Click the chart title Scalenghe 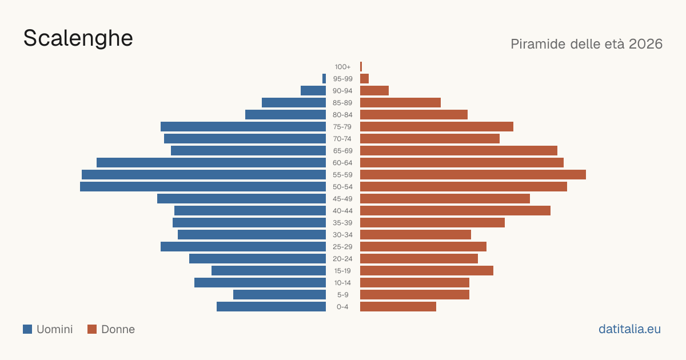[78, 38]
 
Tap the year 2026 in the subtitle [645, 44]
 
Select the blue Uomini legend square [27, 329]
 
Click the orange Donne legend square [92, 329]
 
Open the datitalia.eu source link [629, 329]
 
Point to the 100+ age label [342, 67]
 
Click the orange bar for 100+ [361, 67]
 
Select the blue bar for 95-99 [324, 79]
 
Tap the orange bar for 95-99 [365, 79]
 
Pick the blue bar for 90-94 [313, 91]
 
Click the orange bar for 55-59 [473, 174]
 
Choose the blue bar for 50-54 [203, 186]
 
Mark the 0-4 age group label [342, 307]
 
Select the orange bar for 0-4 [398, 307]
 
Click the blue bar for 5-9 [280, 294]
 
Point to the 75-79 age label [342, 127]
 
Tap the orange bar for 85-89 [400, 102]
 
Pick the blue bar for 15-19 [269, 271]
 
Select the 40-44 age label [342, 211]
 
